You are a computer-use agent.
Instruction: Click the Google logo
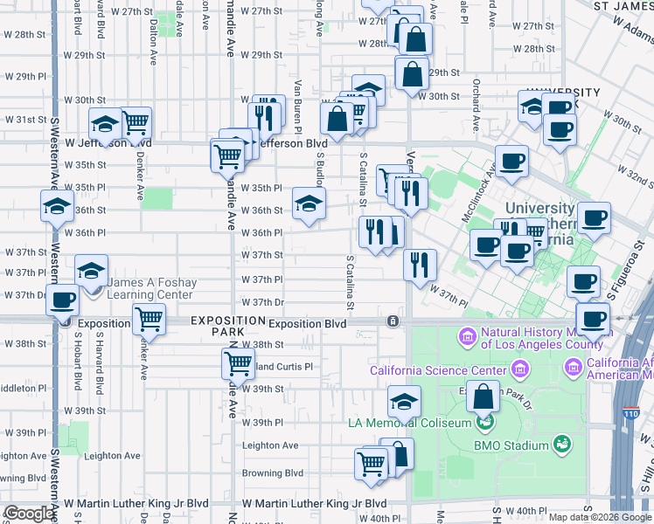(29, 514)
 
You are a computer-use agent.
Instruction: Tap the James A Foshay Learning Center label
(149, 288)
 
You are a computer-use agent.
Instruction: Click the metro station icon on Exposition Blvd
(393, 322)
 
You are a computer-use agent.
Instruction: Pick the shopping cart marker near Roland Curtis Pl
(238, 362)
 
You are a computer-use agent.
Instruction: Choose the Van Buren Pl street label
(298, 100)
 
